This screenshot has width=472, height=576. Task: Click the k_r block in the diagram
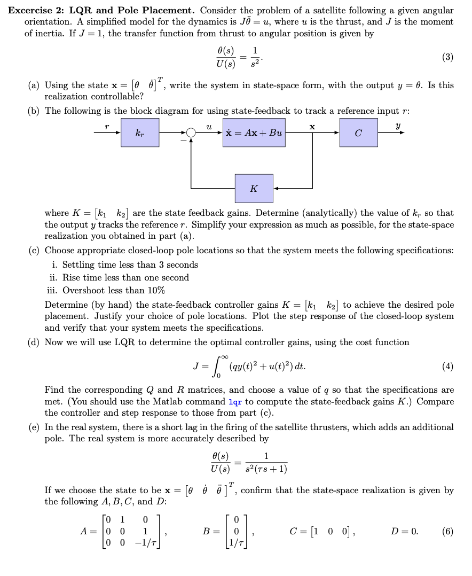tap(140, 132)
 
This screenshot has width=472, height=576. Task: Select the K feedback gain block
tap(254, 188)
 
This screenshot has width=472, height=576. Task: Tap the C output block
tap(358, 132)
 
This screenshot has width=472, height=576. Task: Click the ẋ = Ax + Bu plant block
tap(254, 132)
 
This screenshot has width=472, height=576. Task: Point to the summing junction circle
tap(190, 133)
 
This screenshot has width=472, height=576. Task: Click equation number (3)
tap(447, 57)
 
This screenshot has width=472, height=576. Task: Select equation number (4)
tap(447, 366)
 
